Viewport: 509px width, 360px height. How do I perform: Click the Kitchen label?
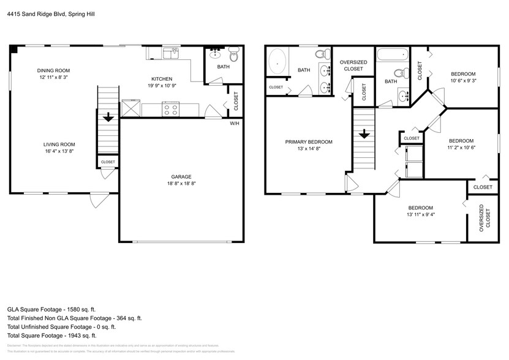(x=162, y=79)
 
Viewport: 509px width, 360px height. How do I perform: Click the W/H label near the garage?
(x=234, y=124)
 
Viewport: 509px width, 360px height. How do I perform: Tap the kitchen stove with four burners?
(x=170, y=110)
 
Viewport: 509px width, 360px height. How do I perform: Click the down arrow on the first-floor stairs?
(x=108, y=116)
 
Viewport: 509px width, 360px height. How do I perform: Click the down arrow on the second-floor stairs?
(x=363, y=133)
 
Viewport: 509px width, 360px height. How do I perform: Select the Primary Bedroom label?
(x=309, y=141)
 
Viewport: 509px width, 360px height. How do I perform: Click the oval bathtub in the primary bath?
(x=278, y=62)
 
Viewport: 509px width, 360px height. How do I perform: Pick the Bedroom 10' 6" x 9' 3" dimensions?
(x=463, y=80)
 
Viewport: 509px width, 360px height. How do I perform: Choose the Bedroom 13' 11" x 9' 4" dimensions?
(x=421, y=215)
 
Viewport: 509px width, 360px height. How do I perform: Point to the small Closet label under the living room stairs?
(x=108, y=162)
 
